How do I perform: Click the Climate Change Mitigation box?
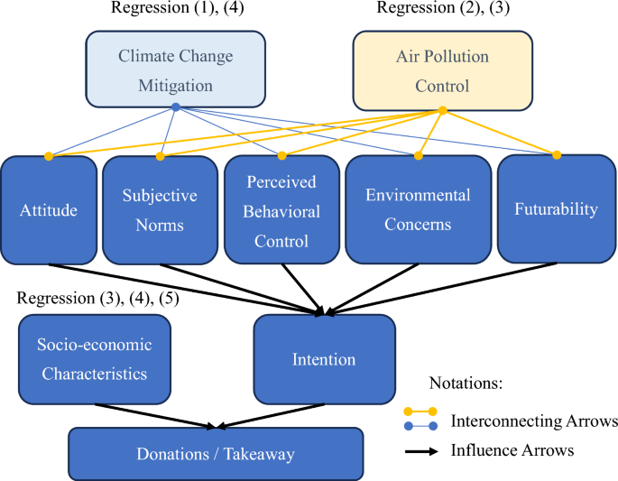coord(175,70)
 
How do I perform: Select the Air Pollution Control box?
coord(442,70)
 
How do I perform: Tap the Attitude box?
coord(49,210)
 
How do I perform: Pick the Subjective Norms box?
coord(160,210)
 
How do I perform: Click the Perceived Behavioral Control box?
coord(281,210)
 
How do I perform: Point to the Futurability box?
coord(556,208)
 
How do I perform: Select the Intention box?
coord(324,359)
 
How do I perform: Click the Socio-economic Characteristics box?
coord(95,359)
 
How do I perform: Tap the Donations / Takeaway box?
coord(216,454)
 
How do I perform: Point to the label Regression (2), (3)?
coord(440,9)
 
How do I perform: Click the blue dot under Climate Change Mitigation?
coord(175,106)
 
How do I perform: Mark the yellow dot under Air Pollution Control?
coord(442,111)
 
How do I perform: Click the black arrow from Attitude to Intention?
coord(180,288)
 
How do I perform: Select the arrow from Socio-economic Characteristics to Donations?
coord(153,414)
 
